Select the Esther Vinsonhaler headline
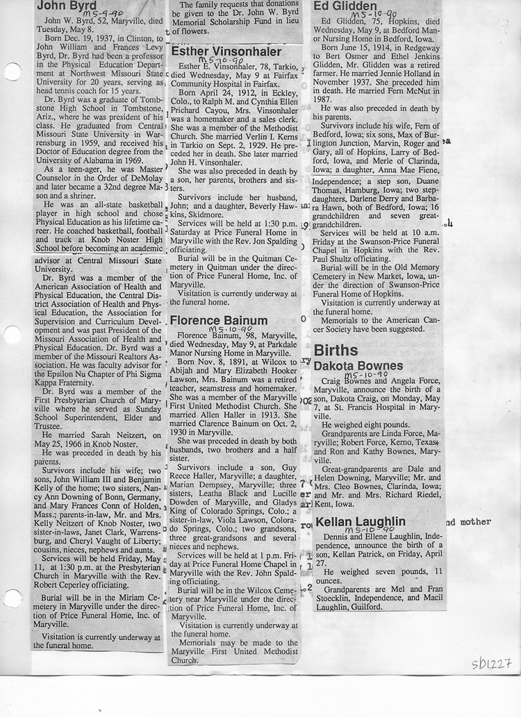226,52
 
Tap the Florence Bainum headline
219,320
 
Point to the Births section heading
336,350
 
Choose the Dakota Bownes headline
358,366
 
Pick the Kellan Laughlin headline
361,521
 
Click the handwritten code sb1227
491,664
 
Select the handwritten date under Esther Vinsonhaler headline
208,61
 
